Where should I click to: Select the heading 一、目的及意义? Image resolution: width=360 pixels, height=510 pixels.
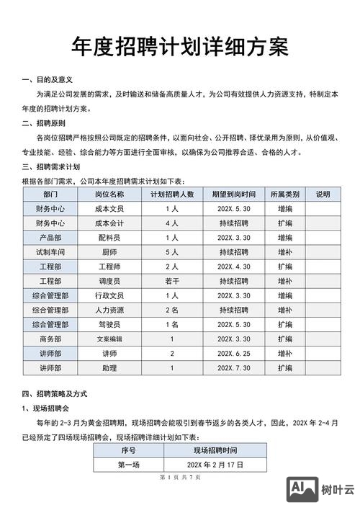[48, 79]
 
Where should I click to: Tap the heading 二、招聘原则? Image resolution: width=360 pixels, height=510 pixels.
[45, 124]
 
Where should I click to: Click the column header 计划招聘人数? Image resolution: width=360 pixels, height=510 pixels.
[172, 194]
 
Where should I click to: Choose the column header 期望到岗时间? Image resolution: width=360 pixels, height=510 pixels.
[234, 194]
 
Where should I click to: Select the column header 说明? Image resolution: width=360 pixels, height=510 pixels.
[323, 194]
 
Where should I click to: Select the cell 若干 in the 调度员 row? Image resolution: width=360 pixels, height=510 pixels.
[172, 281]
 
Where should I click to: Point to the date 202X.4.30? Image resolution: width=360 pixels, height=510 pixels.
[234, 267]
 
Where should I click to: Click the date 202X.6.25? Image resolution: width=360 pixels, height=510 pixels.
[234, 354]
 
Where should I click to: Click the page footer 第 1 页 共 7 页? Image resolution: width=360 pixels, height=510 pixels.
[180, 478]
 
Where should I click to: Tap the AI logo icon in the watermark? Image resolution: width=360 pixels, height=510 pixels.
[302, 491]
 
